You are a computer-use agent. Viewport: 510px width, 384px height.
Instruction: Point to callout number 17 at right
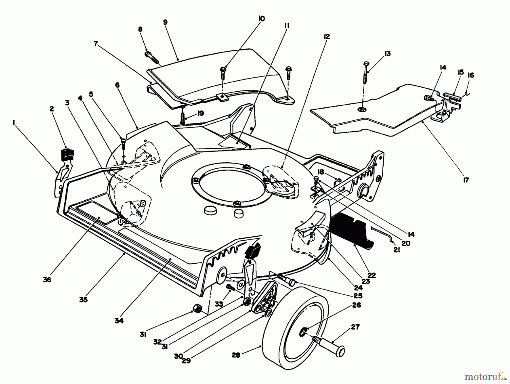coord(466,180)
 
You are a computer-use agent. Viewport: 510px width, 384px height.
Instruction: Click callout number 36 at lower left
coord(47,280)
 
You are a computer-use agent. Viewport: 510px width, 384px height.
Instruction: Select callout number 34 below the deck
coord(119,321)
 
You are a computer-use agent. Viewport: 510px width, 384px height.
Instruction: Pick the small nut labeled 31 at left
coord(195,308)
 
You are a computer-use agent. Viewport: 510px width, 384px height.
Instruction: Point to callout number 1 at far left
coord(13,122)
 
